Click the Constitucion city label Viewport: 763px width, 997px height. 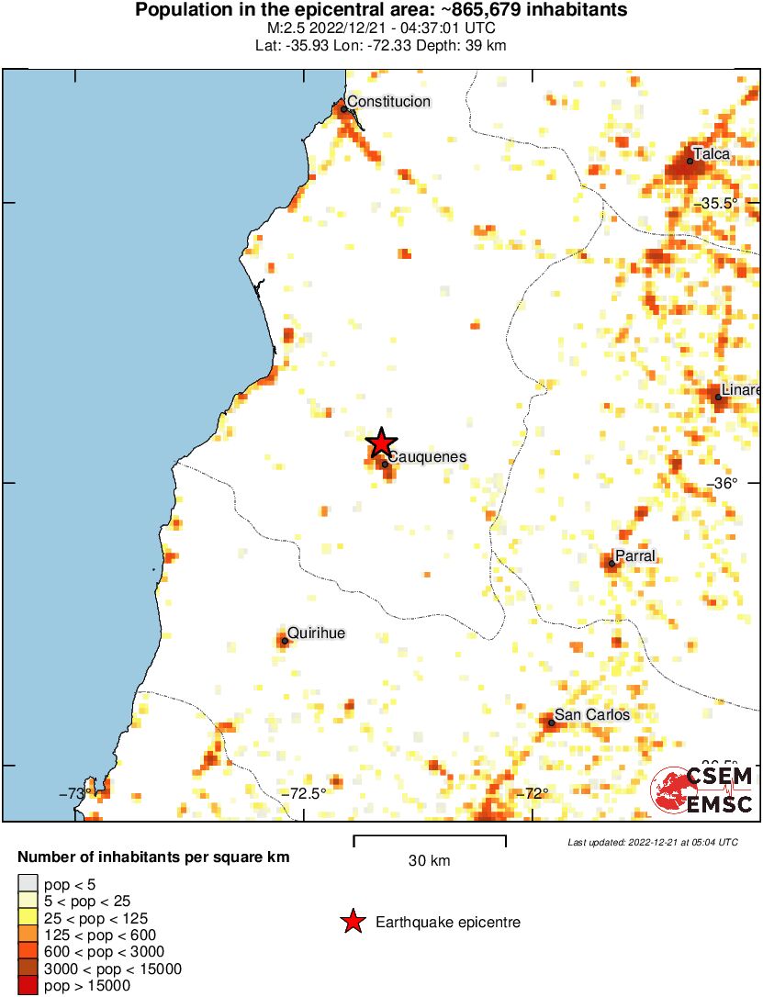(389, 102)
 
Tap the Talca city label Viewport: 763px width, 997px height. (712, 154)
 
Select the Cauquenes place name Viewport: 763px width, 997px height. (427, 456)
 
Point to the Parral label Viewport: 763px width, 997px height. (635, 555)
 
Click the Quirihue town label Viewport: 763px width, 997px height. (317, 633)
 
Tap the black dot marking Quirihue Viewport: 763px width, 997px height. (285, 641)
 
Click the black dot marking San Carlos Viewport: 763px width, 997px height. (552, 723)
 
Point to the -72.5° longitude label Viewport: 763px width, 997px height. (304, 794)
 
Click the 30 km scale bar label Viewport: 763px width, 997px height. (429, 860)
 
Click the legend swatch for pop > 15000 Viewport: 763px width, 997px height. (28, 986)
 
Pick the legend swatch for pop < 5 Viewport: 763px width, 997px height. (28, 885)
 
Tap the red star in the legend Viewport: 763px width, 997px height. (353, 922)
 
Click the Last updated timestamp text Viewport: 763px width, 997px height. (652, 842)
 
